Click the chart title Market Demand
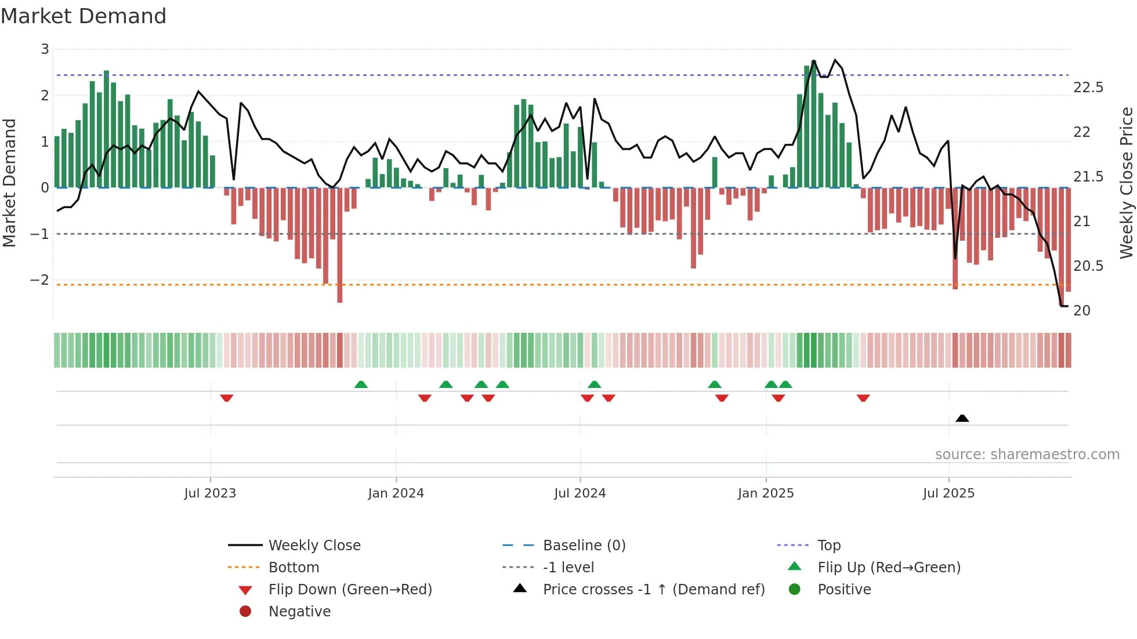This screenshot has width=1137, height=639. (84, 16)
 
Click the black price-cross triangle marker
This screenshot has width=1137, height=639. (962, 418)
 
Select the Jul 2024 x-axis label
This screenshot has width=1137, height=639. (580, 493)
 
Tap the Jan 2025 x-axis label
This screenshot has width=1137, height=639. (765, 493)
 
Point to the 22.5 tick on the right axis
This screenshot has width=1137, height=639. (1088, 88)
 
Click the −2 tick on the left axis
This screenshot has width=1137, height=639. (39, 280)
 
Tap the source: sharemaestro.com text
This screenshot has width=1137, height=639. (1027, 455)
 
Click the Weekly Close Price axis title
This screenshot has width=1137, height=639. (1126, 183)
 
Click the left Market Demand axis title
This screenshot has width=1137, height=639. (10, 183)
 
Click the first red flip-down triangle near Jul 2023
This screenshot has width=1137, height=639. (227, 398)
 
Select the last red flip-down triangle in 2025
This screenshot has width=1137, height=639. (863, 398)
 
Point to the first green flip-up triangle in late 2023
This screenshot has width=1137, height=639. (361, 384)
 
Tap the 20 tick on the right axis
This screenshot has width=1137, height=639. (1081, 311)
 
